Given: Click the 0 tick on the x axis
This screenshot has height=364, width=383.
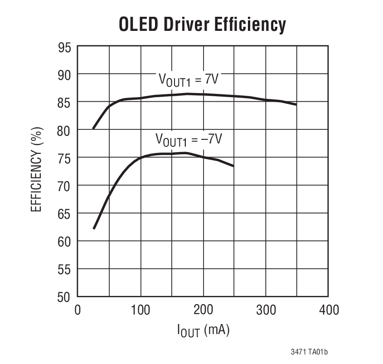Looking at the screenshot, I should (78, 310).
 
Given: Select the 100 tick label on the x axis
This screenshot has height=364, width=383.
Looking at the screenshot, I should (140, 310).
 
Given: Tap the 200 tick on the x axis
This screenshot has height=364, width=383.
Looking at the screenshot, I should (203, 310).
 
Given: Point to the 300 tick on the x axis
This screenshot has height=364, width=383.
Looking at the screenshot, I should (266, 310).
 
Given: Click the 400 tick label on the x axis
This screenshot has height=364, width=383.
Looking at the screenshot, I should (328, 310).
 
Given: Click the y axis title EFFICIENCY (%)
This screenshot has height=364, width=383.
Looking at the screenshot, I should (37, 172).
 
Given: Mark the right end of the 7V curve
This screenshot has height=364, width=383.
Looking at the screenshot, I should (296, 104).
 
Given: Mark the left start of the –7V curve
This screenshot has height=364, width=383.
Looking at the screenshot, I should (93, 229).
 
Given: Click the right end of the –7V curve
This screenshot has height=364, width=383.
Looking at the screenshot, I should (233, 166).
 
